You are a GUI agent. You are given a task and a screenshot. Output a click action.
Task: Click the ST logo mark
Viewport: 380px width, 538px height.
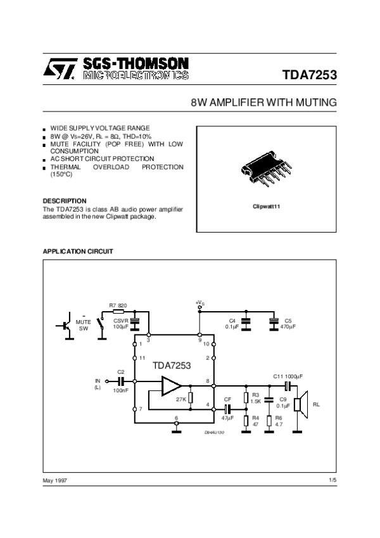click(60, 69)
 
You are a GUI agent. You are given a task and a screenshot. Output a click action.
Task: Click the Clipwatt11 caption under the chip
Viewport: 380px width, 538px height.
click(266, 207)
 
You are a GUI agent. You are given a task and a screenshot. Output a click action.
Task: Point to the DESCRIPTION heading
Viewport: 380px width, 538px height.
click(64, 201)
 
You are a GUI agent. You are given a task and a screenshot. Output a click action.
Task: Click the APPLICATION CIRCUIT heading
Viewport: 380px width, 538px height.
click(77, 252)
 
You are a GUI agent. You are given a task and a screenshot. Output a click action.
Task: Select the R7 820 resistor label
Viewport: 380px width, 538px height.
click(118, 305)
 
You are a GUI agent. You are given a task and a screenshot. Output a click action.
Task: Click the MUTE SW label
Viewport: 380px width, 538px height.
click(84, 325)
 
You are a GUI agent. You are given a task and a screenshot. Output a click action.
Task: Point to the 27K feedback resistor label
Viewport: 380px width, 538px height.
click(180, 399)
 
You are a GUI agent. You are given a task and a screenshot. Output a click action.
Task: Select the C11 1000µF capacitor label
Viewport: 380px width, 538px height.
click(287, 376)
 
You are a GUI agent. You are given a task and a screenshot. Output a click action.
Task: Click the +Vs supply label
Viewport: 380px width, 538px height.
click(199, 303)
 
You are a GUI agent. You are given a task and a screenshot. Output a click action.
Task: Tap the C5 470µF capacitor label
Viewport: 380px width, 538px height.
click(288, 323)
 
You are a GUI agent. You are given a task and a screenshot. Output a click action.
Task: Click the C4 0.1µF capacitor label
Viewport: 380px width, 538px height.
click(232, 323)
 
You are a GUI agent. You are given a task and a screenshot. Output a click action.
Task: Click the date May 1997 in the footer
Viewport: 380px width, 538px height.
click(54, 481)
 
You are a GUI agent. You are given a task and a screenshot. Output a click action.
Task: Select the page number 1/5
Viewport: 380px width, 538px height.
click(332, 481)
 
